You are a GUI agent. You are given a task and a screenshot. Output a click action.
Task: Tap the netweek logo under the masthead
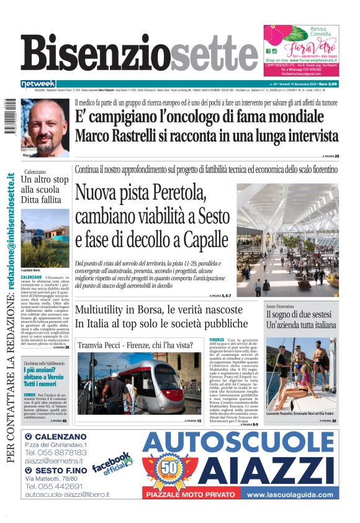pos(39,84)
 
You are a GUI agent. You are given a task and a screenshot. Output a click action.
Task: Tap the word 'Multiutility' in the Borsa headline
pos(101,311)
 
